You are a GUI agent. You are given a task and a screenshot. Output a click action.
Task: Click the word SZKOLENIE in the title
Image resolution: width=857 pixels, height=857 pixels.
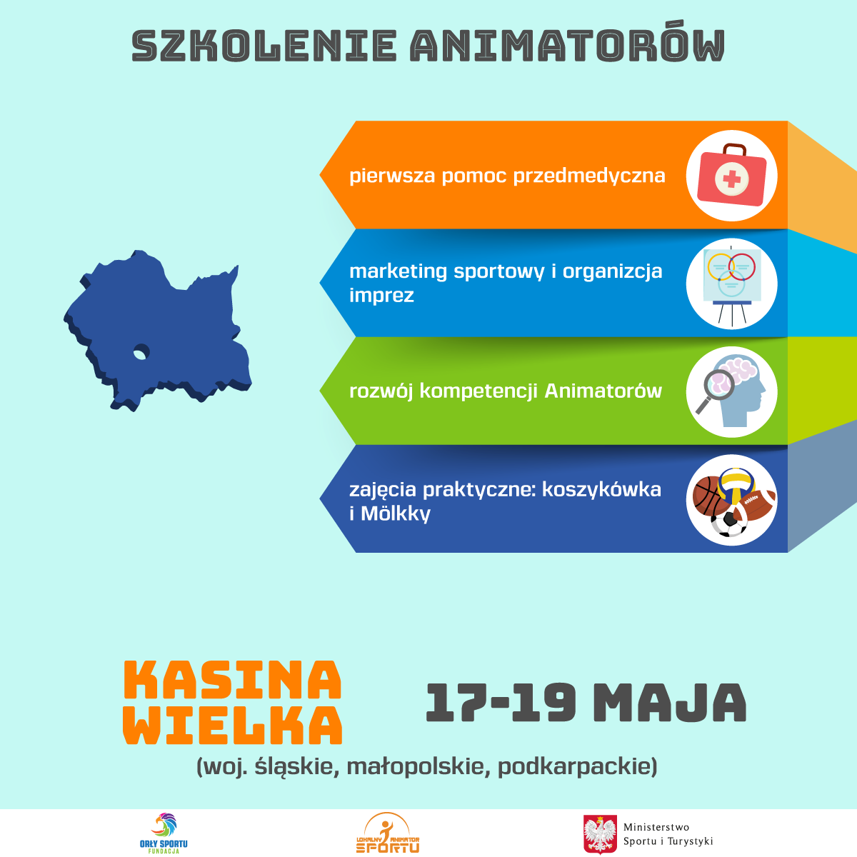point(264,46)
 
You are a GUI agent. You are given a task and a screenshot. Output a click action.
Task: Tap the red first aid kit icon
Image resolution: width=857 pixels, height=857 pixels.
point(731,175)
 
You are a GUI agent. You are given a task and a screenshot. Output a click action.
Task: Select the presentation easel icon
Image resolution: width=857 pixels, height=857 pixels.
point(731,284)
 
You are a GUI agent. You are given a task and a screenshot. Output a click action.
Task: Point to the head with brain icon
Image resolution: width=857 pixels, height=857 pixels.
point(731,391)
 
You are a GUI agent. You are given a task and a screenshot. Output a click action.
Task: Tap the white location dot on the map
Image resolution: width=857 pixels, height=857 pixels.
point(141,353)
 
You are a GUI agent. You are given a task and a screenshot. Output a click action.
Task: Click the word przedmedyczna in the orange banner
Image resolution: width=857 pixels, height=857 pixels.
point(588,176)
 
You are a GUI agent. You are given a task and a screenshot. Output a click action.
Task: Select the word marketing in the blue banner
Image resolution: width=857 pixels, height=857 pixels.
point(398,271)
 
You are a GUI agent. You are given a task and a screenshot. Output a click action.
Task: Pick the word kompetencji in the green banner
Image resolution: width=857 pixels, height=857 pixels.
point(478,392)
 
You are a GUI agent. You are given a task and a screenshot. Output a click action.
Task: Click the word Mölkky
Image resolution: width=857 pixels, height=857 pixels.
point(396,513)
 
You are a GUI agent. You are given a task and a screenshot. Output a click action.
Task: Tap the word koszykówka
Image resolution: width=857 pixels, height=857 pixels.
point(601,490)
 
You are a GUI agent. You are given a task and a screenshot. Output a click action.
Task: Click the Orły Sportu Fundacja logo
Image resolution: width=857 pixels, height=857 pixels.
point(164,833)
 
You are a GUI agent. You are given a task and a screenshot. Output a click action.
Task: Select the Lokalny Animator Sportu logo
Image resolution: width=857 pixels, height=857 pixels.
point(388,833)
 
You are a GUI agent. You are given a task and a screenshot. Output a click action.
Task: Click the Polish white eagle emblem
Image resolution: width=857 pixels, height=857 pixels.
point(600,834)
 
